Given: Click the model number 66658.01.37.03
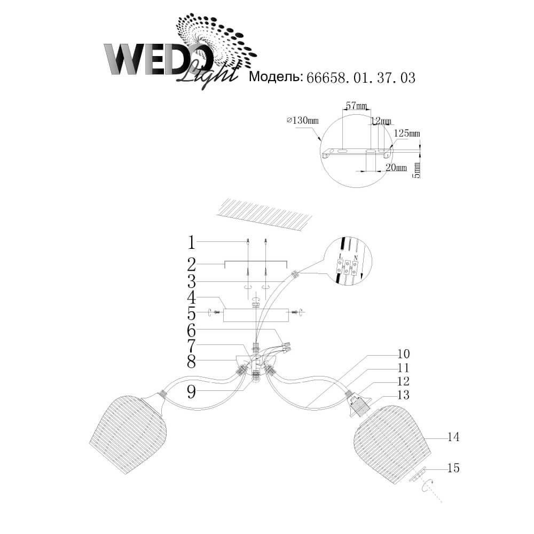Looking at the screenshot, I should click(x=360, y=78).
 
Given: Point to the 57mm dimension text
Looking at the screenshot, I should click(x=356, y=106).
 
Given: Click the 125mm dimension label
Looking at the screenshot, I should click(x=407, y=133).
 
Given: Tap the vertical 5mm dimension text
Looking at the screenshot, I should click(x=417, y=169).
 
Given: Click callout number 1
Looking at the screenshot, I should click(x=191, y=243).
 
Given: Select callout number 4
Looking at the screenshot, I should click(x=191, y=299).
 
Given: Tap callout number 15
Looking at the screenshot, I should click(x=453, y=468).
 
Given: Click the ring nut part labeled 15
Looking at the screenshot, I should click(x=417, y=475).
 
